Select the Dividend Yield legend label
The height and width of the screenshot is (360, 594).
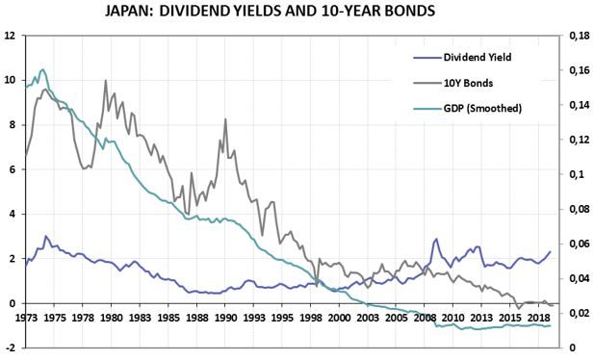478,57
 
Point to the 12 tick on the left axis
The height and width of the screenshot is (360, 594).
10,36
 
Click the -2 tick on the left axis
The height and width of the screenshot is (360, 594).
10,347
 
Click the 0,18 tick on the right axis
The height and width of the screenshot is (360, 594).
579,36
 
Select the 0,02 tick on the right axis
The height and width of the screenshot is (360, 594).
579,313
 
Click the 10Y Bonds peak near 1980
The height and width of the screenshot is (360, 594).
105,81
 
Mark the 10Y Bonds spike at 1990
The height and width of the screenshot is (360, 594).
225,119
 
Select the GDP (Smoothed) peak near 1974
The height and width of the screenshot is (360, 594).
42,69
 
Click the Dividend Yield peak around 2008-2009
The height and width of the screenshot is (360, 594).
436,240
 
